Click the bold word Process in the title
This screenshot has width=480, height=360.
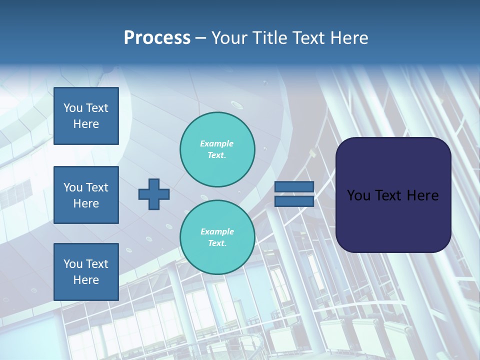(157, 38)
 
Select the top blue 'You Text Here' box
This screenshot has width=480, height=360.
(86, 116)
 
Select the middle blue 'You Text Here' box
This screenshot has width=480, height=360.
(86, 195)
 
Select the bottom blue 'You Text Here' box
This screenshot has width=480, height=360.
(86, 271)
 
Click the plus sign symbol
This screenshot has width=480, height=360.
(154, 194)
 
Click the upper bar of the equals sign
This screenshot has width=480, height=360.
(294, 187)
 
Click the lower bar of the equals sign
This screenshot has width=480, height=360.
(294, 201)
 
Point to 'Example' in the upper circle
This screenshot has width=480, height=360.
(216, 143)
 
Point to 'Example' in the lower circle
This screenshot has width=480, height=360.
(217, 231)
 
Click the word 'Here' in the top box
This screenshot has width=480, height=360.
(86, 124)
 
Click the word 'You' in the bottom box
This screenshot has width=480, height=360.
(73, 264)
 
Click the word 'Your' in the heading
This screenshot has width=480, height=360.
(230, 38)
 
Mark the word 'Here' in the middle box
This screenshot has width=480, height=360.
(86, 203)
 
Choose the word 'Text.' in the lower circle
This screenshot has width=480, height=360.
(217, 243)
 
